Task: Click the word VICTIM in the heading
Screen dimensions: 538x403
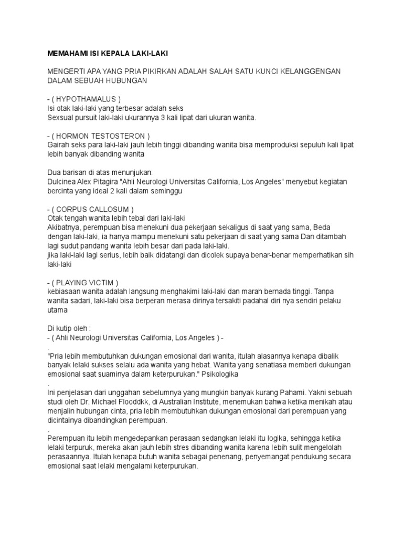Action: pos(103,282)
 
